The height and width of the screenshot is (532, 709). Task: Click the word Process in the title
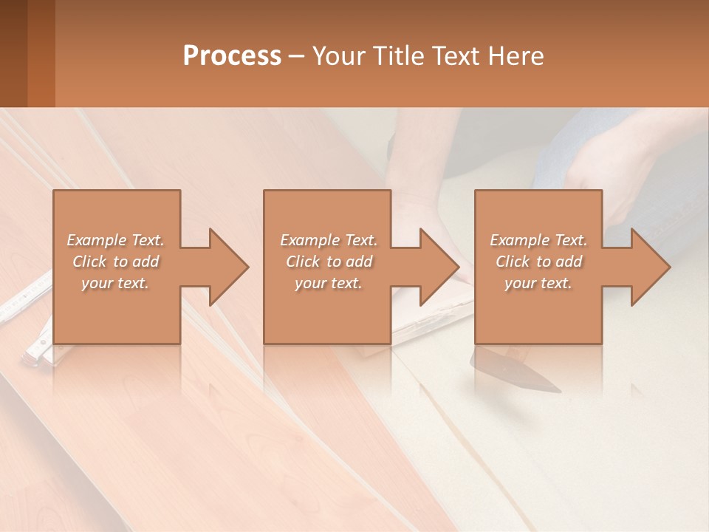point(232,56)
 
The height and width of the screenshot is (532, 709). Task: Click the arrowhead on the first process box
point(229,267)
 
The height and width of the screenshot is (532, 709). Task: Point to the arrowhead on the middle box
point(439,267)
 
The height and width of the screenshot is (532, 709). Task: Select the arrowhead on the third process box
point(651,267)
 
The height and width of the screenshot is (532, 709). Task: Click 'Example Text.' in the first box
point(116,240)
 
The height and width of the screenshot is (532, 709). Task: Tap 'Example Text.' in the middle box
point(329,240)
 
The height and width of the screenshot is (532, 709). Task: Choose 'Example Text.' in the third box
point(538,240)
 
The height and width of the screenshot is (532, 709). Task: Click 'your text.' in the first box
point(115,283)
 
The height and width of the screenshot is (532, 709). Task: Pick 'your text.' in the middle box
point(329,283)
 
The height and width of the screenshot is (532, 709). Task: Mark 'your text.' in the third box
point(538,283)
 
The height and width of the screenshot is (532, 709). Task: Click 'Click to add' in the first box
point(116,262)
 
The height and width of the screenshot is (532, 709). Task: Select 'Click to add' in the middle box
point(329,262)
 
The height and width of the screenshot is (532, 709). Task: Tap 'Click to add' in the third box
point(538,262)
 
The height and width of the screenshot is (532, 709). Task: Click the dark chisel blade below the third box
point(517,373)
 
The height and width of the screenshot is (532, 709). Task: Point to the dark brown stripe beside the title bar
point(13,53)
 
